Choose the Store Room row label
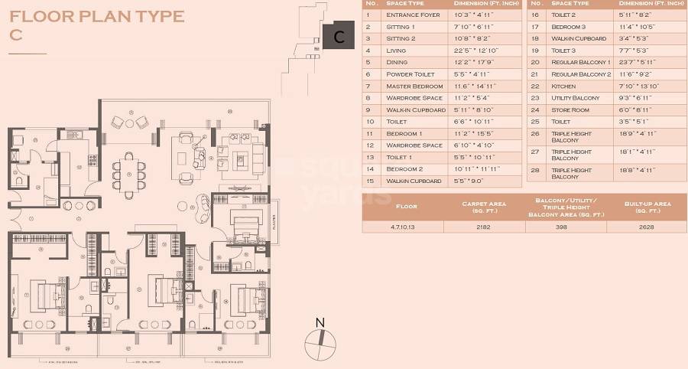click(570, 109)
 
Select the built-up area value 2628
click(647, 227)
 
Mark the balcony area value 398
click(566, 227)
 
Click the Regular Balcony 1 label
click(581, 62)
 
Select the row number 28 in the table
click(535, 173)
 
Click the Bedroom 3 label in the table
click(570, 26)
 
